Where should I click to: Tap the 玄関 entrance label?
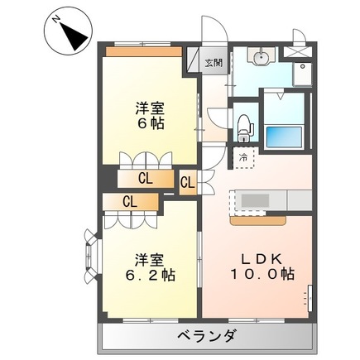tap(214, 61)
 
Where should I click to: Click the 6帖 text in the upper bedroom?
tap(149, 122)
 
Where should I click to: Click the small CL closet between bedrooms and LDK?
tap(187, 182)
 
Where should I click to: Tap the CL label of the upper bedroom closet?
tap(145, 177)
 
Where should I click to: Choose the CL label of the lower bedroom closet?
tap(130, 200)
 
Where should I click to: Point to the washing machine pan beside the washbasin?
tap(303, 74)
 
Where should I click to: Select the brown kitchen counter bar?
tap(259, 220)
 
